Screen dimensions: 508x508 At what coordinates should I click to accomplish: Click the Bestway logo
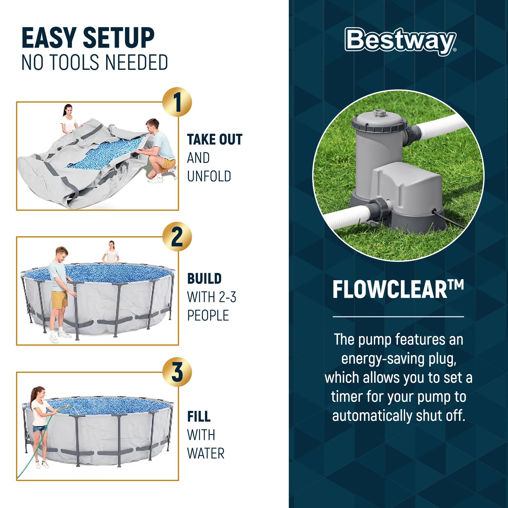pyautogui.click(x=401, y=41)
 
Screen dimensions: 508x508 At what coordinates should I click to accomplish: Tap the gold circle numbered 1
pyautogui.click(x=177, y=102)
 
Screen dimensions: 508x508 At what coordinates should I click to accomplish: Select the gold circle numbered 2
pyautogui.click(x=177, y=237)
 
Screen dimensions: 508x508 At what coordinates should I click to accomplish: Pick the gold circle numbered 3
pyautogui.click(x=177, y=372)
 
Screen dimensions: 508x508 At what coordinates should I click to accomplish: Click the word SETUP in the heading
pyautogui.click(x=119, y=38)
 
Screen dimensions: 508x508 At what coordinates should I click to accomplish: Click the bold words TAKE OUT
pyautogui.click(x=215, y=140)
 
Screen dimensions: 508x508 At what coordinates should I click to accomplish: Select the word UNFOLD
pyautogui.click(x=209, y=176)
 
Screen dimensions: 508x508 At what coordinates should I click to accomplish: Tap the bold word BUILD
pyautogui.click(x=204, y=279)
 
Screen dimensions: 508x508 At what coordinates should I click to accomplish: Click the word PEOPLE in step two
pyautogui.click(x=208, y=315)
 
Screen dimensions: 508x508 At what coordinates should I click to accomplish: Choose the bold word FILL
pyautogui.click(x=199, y=417)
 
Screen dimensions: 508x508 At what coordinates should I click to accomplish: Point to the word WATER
pyautogui.click(x=206, y=453)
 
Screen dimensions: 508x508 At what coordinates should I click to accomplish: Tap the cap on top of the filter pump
pyautogui.click(x=379, y=113)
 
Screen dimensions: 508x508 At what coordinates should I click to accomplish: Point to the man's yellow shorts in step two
pyautogui.click(x=59, y=300)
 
